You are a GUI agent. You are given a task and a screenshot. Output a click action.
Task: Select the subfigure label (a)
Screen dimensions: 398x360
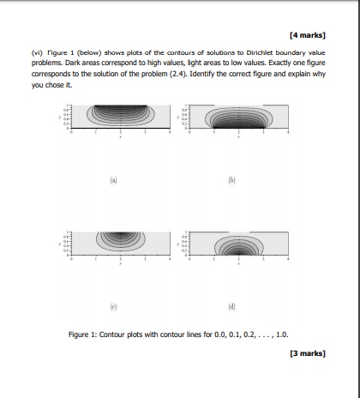pyautogui.click(x=113, y=182)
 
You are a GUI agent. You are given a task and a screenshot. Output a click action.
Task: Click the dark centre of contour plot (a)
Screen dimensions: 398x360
pyautogui.click(x=119, y=110)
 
